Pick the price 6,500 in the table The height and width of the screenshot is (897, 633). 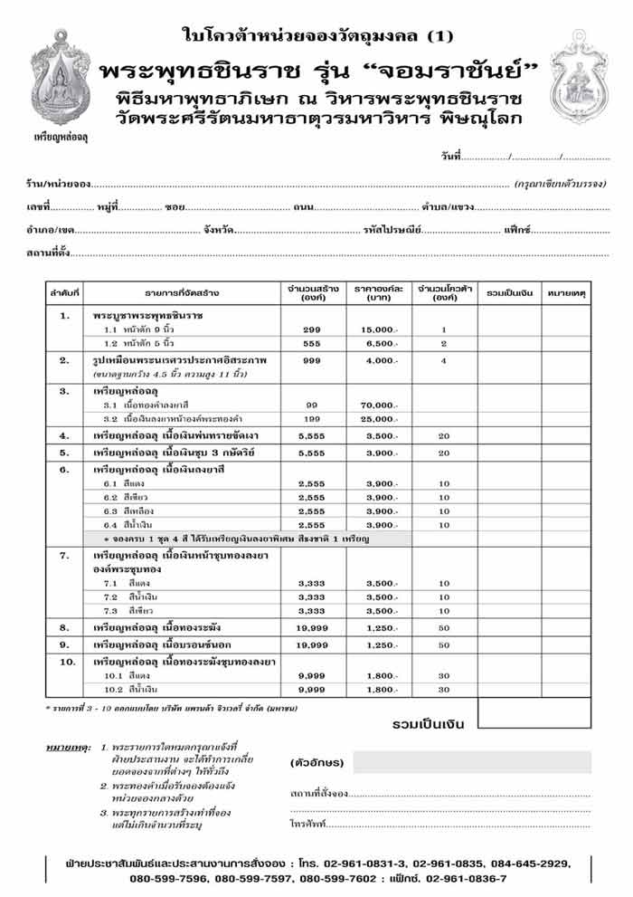[x=379, y=344]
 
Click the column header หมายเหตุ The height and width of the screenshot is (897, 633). [x=566, y=292]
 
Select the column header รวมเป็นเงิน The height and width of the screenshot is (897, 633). [x=509, y=292]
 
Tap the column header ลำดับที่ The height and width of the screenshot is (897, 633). [x=65, y=292]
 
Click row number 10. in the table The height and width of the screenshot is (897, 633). [x=65, y=663]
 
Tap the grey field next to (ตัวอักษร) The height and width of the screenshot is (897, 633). [x=470, y=762]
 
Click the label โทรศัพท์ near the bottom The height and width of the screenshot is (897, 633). [x=307, y=825]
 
